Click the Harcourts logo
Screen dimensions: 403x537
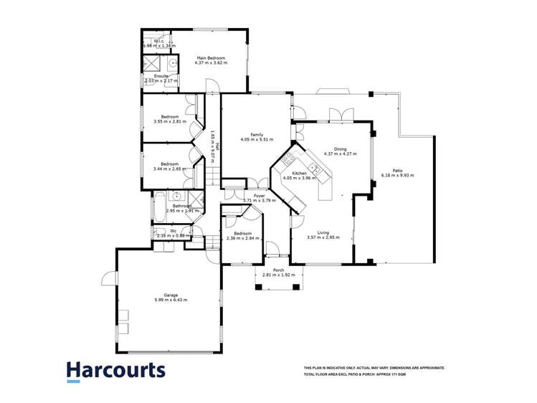(x=115, y=371)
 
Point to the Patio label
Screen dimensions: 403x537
(x=397, y=170)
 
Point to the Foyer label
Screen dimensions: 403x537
(x=259, y=195)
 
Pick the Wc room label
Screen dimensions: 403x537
(x=173, y=230)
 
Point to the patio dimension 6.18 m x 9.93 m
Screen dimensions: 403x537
(x=397, y=175)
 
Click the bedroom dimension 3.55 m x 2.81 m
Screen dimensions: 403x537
(x=169, y=122)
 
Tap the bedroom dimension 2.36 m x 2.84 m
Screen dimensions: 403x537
(x=242, y=238)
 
